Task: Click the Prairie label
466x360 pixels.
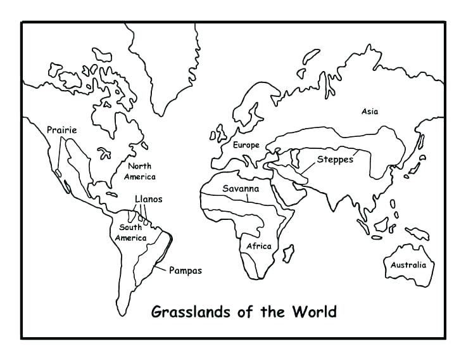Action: coord(61,131)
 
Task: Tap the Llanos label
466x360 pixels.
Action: coord(148,199)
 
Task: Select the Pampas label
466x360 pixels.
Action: coord(185,271)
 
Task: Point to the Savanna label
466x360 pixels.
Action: coord(241,189)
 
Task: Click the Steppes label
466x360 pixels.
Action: coord(335,159)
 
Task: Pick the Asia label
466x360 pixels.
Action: coord(370,112)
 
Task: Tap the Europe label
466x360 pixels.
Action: coord(246,145)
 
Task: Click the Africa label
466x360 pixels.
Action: coord(259,246)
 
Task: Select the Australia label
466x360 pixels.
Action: coord(408,265)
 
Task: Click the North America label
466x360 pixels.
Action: coord(140,171)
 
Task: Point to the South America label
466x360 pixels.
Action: coord(130,233)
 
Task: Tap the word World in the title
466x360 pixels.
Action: coord(313,312)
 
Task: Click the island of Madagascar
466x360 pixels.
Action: coord(288,254)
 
